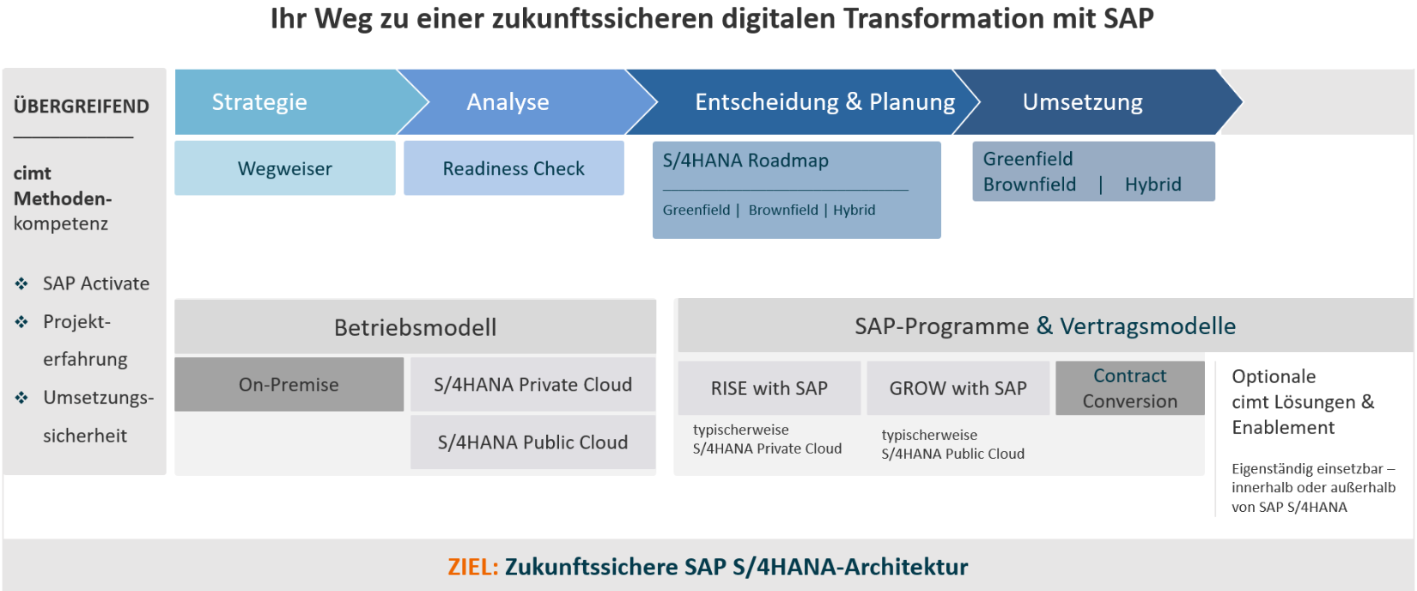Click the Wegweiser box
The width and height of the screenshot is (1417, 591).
coord(284,168)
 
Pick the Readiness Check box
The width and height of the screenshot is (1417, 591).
coord(514,168)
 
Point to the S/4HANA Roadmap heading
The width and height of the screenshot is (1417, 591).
coord(745,161)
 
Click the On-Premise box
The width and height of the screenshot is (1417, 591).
coord(289,385)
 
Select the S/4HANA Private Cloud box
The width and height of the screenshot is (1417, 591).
coord(532,385)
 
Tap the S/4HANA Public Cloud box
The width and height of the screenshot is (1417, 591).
coord(532,442)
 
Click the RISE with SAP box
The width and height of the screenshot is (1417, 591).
coord(769,388)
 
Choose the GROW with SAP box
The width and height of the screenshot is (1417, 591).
coord(958,388)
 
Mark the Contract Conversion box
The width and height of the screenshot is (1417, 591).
coord(1130,388)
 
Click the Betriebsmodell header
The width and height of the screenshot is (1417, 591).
coord(415,326)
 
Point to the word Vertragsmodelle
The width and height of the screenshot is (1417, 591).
coord(1147,326)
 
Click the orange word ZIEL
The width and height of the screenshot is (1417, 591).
coord(473,566)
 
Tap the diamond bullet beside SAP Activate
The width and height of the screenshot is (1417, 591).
coord(21,283)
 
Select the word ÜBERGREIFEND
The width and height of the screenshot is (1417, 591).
coord(82,106)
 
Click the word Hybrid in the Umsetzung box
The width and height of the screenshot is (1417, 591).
coord(1152,184)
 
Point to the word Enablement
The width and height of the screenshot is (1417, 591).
coord(1283,428)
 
